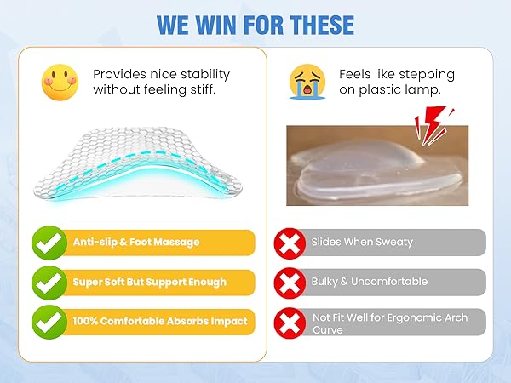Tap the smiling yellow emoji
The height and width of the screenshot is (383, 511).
pos(60,82)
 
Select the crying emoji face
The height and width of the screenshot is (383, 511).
pos(307,82)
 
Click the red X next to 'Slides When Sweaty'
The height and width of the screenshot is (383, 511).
pos(290,243)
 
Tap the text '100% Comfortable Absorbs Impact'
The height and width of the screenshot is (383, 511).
pos(159,322)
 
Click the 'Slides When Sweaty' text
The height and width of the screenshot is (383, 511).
pos(362,243)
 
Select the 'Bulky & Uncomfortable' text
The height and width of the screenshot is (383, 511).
pos(369,282)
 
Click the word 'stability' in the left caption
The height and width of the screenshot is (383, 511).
pos(208,74)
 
